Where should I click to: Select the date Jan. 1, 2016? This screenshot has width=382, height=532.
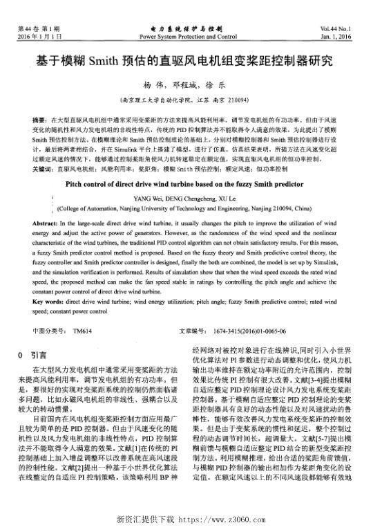(353, 35)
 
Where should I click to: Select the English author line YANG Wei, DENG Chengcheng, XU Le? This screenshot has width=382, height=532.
(191, 198)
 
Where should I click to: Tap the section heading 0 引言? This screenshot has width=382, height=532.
(32, 354)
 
